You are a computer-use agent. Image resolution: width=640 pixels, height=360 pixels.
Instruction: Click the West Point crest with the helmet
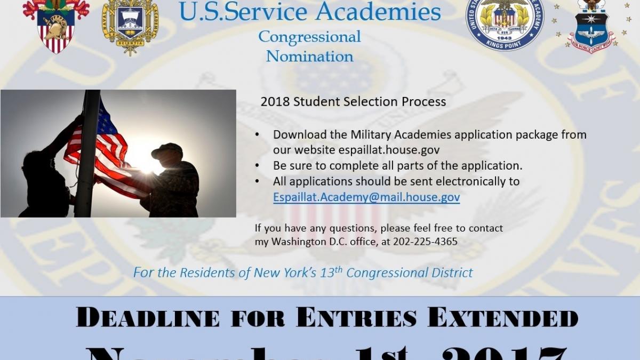tap(56, 27)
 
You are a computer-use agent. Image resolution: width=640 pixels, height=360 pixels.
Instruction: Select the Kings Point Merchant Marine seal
tap(505, 24)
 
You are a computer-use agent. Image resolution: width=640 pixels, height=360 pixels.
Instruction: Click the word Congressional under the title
tap(309, 37)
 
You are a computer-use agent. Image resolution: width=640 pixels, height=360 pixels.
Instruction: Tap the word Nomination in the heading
tap(309, 56)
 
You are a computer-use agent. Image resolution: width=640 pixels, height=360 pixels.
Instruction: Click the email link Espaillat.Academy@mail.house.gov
tap(366, 197)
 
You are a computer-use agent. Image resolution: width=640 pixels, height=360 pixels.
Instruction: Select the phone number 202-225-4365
tap(425, 241)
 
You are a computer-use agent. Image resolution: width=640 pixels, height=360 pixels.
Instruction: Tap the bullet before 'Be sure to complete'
tap(258, 166)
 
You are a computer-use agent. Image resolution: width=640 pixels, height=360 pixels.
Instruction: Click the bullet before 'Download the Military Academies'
tap(258, 135)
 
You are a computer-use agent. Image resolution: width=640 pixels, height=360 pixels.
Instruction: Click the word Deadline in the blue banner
tap(148, 318)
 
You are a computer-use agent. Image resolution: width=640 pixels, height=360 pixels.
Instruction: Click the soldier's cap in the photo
tap(167, 151)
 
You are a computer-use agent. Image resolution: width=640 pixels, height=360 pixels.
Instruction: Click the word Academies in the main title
tap(378, 12)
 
